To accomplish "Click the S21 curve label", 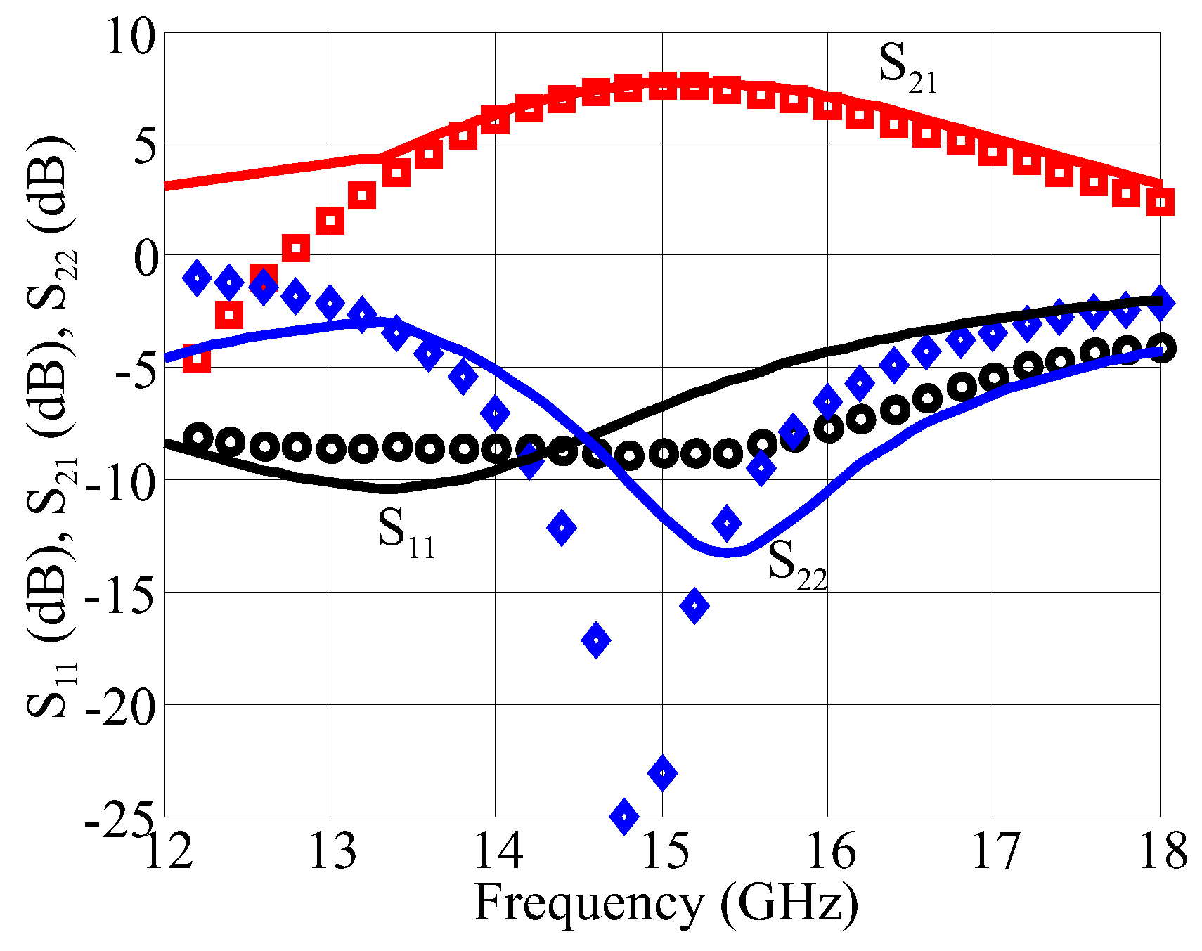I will [x=907, y=67].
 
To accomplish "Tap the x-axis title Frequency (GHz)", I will [x=665, y=904].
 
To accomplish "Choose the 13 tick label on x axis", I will [x=330, y=852].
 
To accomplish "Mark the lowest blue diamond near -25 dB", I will [x=624, y=816].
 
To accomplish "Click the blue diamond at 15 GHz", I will [x=662, y=773].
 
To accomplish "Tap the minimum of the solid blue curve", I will [x=728, y=552].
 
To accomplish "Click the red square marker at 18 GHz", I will [x=1160, y=202].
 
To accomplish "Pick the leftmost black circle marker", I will [x=198, y=438].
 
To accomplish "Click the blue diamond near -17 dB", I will [x=595, y=640].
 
